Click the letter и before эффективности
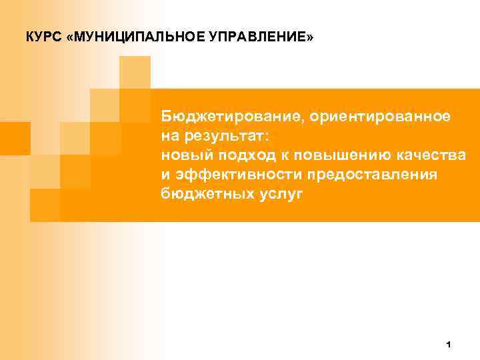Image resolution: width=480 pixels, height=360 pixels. (x=165, y=175)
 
